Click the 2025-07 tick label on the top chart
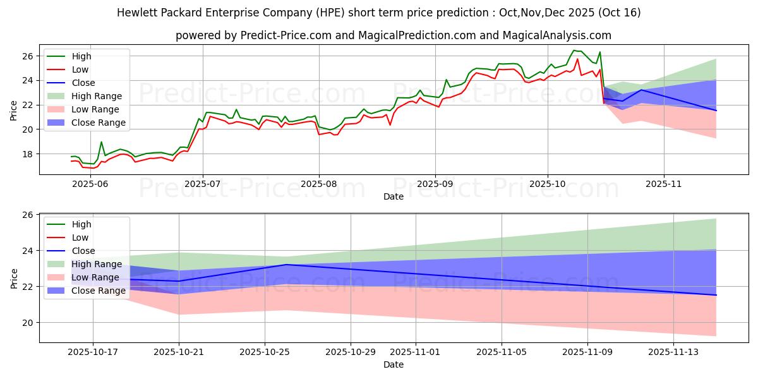tap(203, 183)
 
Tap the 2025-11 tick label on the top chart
tap(664, 183)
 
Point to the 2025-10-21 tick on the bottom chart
tap(179, 351)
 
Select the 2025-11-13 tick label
tap(673, 351)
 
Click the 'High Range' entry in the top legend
tap(97, 96)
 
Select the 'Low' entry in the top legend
tap(80, 69)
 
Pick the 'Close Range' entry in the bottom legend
tap(99, 291)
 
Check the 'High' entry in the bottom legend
tap(81, 224)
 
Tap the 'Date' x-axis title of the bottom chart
tap(393, 364)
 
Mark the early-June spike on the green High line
tap(101, 142)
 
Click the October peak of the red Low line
tap(577, 59)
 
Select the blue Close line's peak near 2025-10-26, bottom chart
tap(286, 265)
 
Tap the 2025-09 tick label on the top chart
tap(435, 183)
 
